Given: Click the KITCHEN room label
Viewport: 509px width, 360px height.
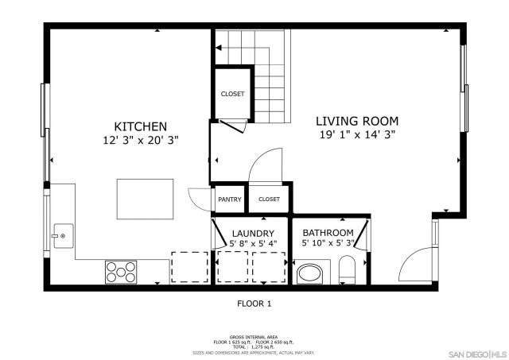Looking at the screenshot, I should [x=140, y=126].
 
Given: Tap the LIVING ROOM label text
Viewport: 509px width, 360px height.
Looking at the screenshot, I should [x=357, y=121].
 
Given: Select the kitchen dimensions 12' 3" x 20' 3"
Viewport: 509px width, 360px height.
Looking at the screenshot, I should [x=140, y=140].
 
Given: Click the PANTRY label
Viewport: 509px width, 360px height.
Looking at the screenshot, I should [x=229, y=199].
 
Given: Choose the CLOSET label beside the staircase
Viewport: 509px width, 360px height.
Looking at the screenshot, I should [x=233, y=94].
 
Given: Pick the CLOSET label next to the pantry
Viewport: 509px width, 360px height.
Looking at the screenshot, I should [x=269, y=199].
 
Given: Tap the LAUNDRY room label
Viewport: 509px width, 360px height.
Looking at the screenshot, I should [x=253, y=233].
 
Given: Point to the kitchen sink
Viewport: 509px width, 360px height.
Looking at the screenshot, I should [x=63, y=235].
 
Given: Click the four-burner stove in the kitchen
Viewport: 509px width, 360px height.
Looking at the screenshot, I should [x=121, y=272].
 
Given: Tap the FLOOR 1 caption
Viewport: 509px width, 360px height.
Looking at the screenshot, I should [x=254, y=304].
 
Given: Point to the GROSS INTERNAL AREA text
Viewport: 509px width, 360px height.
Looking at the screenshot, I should [x=254, y=337].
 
